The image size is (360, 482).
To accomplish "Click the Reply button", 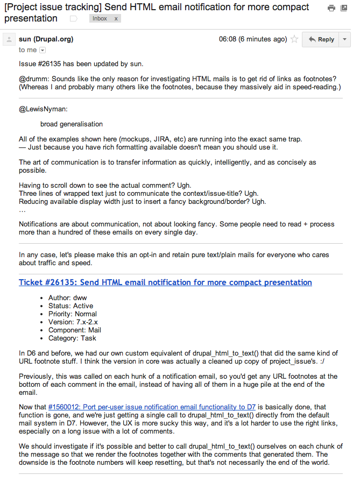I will pyautogui.click(x=321, y=39).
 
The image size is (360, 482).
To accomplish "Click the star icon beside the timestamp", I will pyautogui.click(x=294, y=39).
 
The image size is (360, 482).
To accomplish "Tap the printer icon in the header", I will pyautogui.click(x=331, y=8).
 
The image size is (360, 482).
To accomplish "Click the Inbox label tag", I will pyautogui.click(x=100, y=18).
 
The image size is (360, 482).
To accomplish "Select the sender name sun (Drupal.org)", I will pyautogui.click(x=46, y=39).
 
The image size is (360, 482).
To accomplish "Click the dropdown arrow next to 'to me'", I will pyautogui.click(x=43, y=50).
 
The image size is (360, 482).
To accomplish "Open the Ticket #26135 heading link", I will pyautogui.click(x=165, y=282).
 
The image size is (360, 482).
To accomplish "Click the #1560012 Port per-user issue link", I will pyautogui.click(x=152, y=407).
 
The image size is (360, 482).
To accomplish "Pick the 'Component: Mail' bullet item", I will pyautogui.click(x=75, y=330).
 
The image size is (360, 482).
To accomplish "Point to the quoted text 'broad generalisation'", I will pyautogui.click(x=72, y=124).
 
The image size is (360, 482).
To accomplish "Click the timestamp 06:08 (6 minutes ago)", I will pyautogui.click(x=253, y=39).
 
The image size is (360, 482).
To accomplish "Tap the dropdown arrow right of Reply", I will pyautogui.click(x=345, y=39).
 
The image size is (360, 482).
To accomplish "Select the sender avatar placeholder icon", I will pyautogui.click(x=9, y=39).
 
